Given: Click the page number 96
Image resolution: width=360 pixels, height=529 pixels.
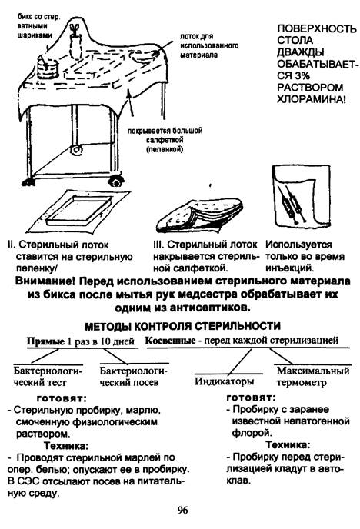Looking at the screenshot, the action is pyautogui.click(x=182, y=511).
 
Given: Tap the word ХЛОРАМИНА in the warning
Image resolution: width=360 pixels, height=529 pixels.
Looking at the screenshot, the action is pyautogui.click(x=311, y=99).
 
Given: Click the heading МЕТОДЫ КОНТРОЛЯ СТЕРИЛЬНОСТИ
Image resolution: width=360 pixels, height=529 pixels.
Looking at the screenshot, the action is pyautogui.click(x=182, y=326).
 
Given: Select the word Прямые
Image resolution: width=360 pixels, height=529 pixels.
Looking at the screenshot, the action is pyautogui.click(x=45, y=341).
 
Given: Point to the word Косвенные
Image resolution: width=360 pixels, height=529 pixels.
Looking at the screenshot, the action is pyautogui.click(x=170, y=341).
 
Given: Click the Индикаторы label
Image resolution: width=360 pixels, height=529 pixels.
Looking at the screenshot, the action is pyautogui.click(x=225, y=381).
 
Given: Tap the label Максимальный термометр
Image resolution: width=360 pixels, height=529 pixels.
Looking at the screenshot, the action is pyautogui.click(x=313, y=377).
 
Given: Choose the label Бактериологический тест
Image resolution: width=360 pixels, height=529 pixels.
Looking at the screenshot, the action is pyautogui.click(x=48, y=377).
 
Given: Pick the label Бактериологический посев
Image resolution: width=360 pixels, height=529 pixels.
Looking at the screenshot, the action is pyautogui.click(x=134, y=377).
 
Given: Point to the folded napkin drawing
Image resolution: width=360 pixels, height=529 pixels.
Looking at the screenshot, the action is pyautogui.click(x=200, y=216).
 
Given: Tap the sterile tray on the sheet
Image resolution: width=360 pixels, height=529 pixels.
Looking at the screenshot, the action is pyautogui.click(x=78, y=211).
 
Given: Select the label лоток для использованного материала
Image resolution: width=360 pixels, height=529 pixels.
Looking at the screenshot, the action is pyautogui.click(x=209, y=45).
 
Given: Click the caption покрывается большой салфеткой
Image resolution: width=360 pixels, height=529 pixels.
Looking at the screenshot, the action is pyautogui.click(x=165, y=140).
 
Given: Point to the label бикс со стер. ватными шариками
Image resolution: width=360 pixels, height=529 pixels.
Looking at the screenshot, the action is pyautogui.click(x=38, y=26).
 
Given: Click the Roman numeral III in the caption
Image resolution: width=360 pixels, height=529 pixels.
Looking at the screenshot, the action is pyautogui.click(x=158, y=245).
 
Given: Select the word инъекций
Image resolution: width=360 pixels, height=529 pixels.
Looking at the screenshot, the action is pyautogui.click(x=290, y=268).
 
